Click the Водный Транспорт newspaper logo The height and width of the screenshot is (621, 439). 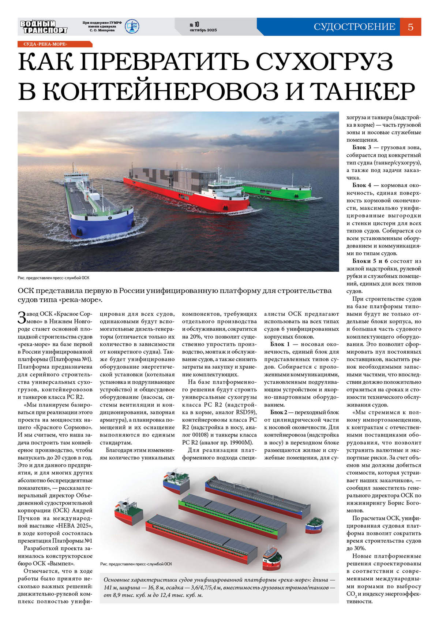click(x=44, y=27)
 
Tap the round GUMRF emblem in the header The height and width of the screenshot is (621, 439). click(x=132, y=27)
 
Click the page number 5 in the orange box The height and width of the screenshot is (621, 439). click(x=410, y=27)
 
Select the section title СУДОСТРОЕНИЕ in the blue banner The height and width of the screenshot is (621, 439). click(x=354, y=27)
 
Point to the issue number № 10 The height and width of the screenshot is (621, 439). click(x=194, y=25)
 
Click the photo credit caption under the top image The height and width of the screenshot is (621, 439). click(x=53, y=278)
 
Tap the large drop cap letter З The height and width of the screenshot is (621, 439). click(x=22, y=317)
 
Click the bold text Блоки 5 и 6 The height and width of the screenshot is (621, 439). click(x=370, y=261)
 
